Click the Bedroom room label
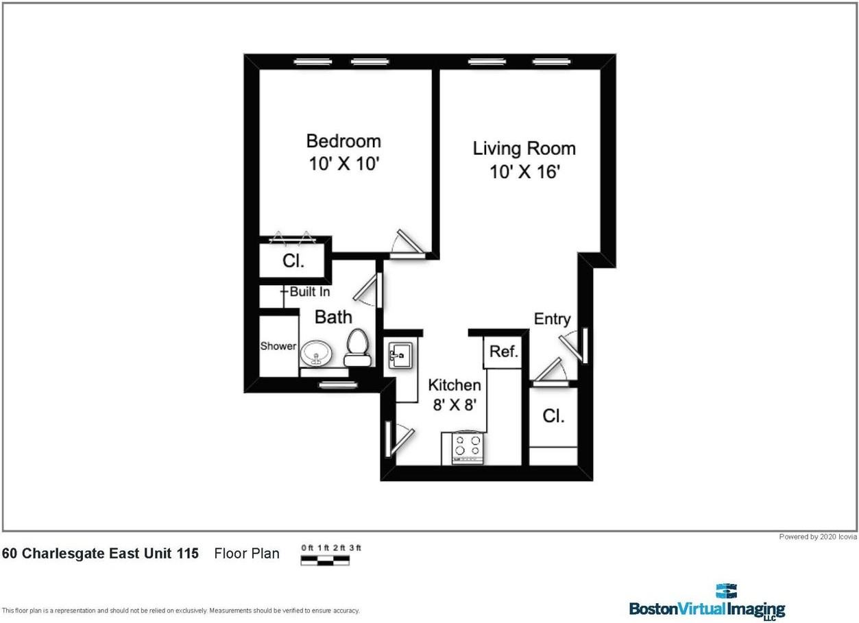343,141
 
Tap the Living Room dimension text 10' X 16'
524,172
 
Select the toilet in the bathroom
357,348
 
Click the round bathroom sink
317,354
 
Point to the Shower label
278,346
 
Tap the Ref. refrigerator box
503,352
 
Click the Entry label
552,319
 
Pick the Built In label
309,292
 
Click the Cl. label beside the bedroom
293,261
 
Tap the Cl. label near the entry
553,416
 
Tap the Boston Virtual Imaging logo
707,603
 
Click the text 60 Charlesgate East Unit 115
101,553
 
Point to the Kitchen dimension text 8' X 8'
454,405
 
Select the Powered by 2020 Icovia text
818,537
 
